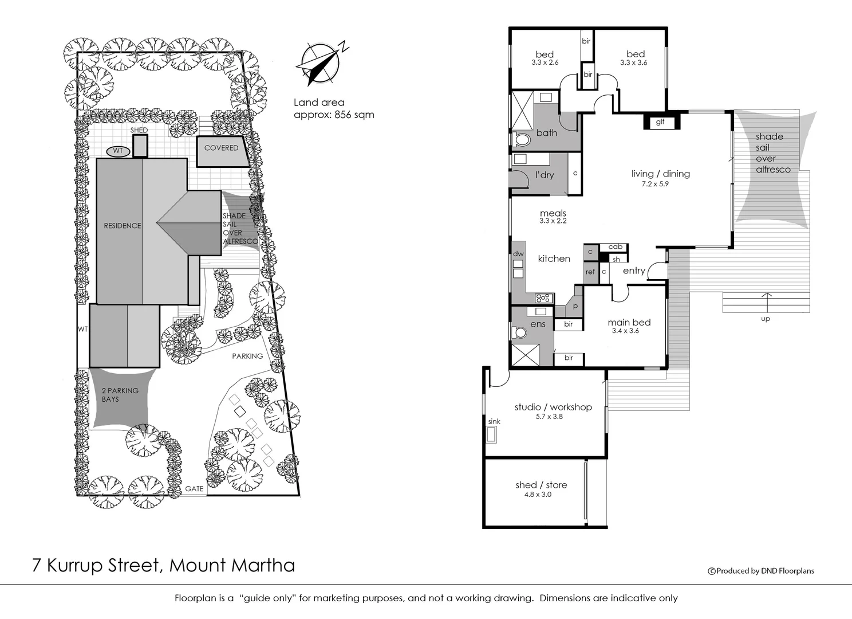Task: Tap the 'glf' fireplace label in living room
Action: [x=660, y=122]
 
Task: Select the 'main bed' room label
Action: [x=629, y=322]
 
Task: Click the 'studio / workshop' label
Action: [x=553, y=407]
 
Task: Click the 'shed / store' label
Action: [x=541, y=485]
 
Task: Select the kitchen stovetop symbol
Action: [x=542, y=297]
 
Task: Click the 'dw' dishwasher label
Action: [x=518, y=254]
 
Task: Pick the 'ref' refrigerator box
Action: [x=590, y=272]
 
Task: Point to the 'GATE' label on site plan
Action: [x=194, y=489]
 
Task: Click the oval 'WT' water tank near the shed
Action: [x=118, y=151]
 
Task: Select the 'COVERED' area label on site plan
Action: [x=221, y=148]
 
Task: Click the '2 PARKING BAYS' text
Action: [x=120, y=394]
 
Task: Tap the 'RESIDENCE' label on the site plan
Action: [x=122, y=226]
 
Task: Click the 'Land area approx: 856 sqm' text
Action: [x=333, y=108]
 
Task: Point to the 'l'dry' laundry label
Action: [x=544, y=175]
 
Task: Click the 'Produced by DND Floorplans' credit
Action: [x=761, y=570]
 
